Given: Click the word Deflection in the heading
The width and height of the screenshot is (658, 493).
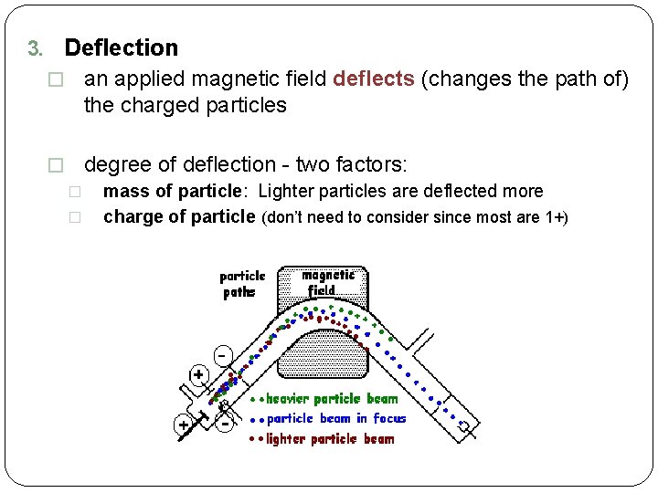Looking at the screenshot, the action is [122, 47].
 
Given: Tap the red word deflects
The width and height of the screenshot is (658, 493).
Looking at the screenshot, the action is [374, 79].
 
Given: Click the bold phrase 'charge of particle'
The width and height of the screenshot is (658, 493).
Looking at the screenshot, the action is [179, 217].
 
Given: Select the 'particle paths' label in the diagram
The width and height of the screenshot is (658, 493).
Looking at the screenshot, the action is [243, 284].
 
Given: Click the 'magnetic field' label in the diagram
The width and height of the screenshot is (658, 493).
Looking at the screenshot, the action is [327, 281].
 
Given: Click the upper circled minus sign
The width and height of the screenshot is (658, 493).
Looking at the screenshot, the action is [222, 354].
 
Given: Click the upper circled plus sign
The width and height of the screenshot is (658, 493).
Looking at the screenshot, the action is [198, 374].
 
